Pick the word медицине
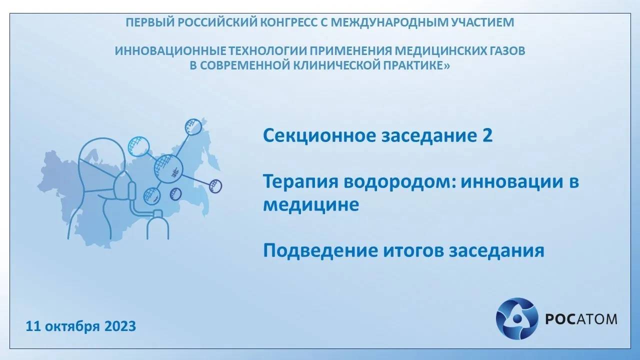[310, 205]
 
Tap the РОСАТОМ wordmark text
[580, 319]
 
